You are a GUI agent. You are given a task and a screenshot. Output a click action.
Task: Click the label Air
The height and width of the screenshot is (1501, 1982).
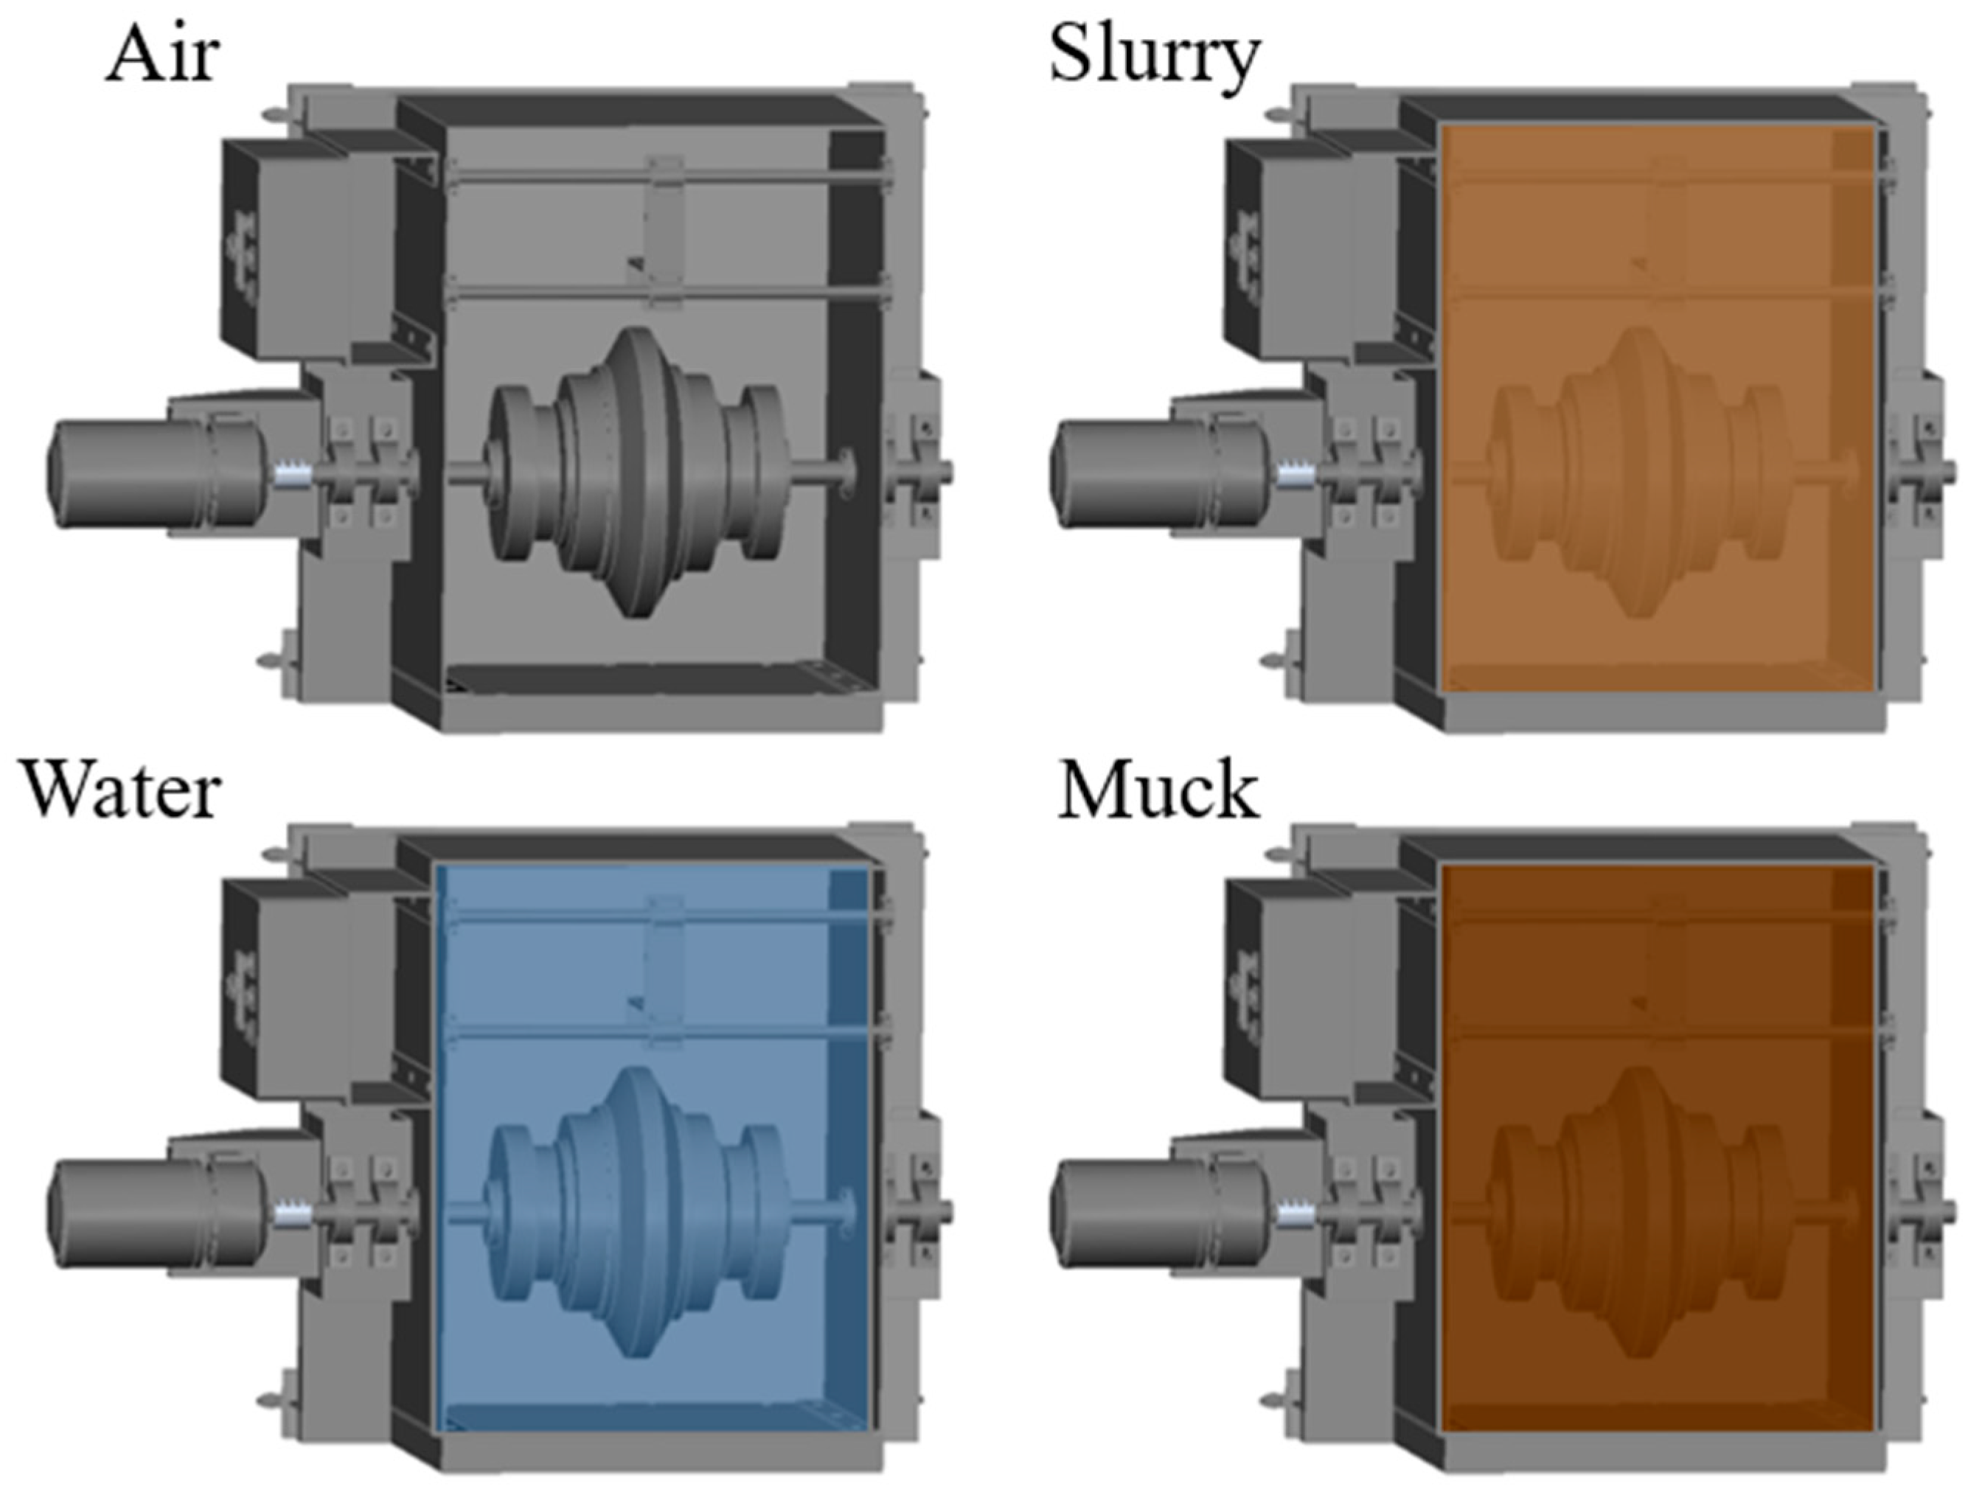(162, 55)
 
